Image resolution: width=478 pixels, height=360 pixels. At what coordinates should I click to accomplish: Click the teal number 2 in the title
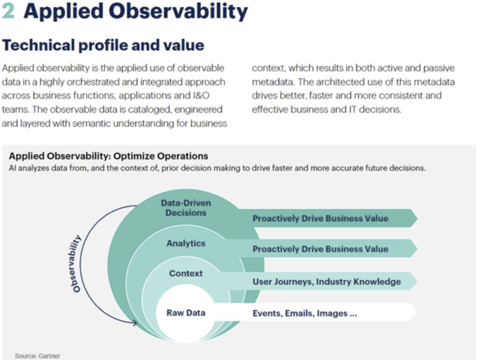(8, 11)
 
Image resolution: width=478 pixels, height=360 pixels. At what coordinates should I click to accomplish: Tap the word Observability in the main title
(178, 11)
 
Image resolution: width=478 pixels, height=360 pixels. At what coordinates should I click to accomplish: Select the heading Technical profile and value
(103, 45)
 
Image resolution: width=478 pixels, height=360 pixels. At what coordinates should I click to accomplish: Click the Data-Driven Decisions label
(186, 208)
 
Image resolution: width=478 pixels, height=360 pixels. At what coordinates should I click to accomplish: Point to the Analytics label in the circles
(186, 243)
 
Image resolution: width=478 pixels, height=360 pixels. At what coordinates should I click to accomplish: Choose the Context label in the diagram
(186, 273)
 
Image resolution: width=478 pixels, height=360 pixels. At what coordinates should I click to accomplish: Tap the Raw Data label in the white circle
(186, 313)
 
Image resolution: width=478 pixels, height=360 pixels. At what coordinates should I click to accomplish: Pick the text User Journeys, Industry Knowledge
(326, 282)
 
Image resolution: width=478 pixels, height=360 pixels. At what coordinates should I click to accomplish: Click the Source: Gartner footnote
(38, 356)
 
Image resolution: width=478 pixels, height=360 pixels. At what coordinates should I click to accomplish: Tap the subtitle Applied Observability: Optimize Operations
(109, 156)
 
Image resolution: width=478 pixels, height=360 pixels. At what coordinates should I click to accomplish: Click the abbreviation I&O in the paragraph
(201, 96)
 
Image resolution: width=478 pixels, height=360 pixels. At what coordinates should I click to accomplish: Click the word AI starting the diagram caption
(12, 168)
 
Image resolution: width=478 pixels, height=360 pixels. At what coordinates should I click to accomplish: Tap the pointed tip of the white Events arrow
(417, 312)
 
